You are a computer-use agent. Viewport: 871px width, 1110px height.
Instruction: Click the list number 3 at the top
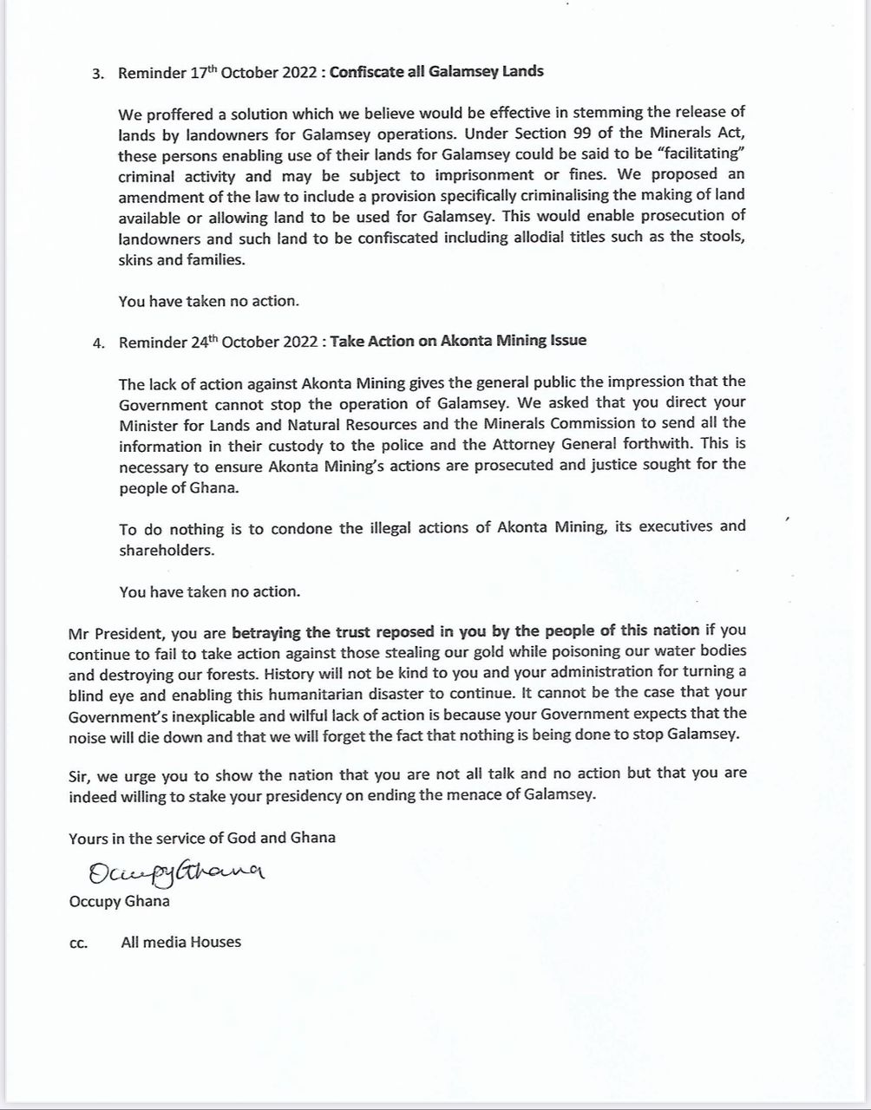point(97,74)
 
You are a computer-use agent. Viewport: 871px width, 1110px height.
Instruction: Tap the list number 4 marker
point(97,343)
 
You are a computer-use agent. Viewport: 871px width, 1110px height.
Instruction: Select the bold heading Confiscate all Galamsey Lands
point(436,72)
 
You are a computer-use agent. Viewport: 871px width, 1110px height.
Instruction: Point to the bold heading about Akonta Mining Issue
point(458,341)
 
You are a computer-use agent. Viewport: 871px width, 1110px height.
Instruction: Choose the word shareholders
point(164,551)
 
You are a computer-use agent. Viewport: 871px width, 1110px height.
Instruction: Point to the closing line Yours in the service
point(202,838)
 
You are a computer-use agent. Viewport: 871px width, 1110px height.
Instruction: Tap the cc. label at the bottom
point(78,943)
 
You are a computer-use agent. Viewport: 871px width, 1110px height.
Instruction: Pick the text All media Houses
point(181,942)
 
